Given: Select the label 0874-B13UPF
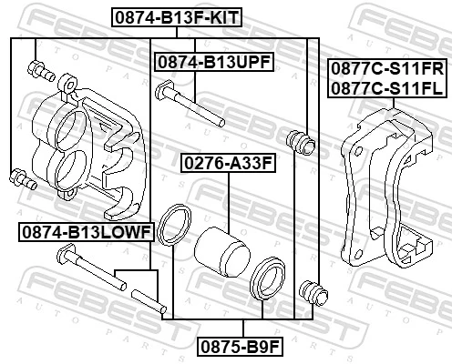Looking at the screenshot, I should click(214, 62).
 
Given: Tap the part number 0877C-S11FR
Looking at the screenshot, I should click(385, 69).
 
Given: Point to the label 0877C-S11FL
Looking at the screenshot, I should click(385, 87).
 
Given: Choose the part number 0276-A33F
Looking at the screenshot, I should click(227, 165).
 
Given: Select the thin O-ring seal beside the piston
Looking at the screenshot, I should click(173, 226).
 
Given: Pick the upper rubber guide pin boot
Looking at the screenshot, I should click(299, 140).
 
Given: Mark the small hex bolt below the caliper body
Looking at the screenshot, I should click(19, 177).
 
